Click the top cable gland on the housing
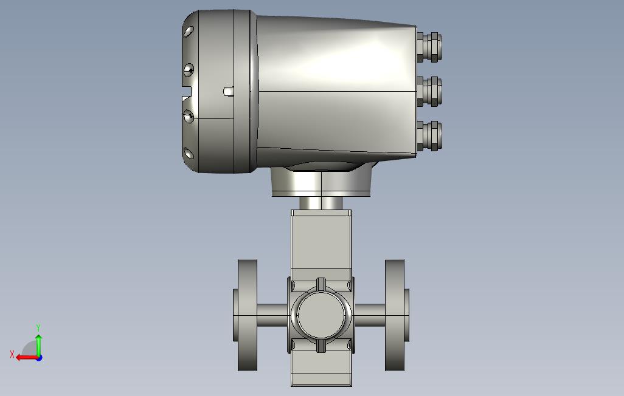click(429, 47)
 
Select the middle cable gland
click(429, 92)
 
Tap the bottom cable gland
click(429, 136)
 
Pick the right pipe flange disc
click(395, 315)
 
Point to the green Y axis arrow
click(38, 346)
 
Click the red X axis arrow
click(27, 358)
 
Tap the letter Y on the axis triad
click(38, 327)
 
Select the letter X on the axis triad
click(12, 354)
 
